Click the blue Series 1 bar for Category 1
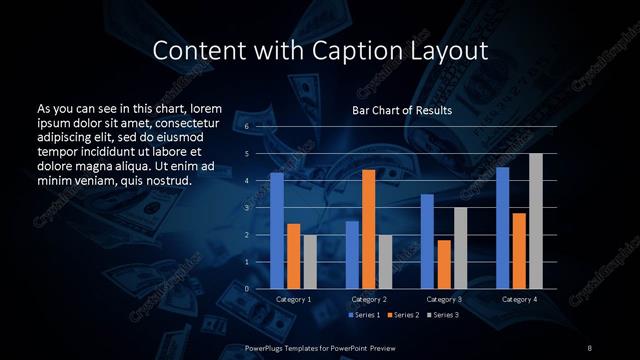click(277, 231)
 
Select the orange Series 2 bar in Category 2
click(369, 229)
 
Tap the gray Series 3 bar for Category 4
click(536, 221)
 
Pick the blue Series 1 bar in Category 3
click(427, 241)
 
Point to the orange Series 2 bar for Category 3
click(444, 264)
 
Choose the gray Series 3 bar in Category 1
click(310, 261)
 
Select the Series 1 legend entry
click(363, 315)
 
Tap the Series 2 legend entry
click(402, 315)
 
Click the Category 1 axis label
click(293, 299)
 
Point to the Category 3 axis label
click(444, 299)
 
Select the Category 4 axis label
click(519, 299)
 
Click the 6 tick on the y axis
click(246, 127)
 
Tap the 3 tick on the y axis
click(246, 208)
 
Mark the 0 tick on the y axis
click(246, 289)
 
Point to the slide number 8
click(590, 347)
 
